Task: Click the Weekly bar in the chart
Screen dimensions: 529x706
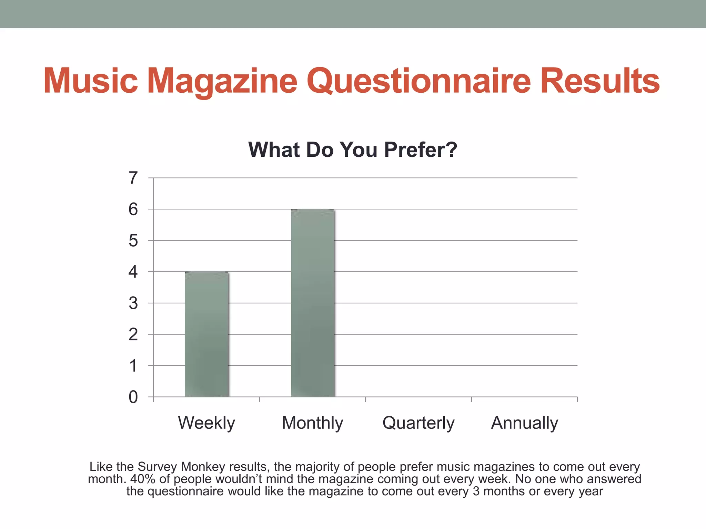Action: coord(207,334)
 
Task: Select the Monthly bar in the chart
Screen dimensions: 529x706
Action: coord(313,303)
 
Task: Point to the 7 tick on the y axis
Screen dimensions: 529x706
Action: coord(133,178)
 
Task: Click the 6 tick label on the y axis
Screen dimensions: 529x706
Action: coord(133,209)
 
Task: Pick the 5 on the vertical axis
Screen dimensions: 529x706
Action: coord(133,240)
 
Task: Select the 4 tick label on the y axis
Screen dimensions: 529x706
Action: coord(133,272)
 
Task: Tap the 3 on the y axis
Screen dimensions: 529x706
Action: coord(133,303)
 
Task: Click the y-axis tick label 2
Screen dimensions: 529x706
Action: coord(133,334)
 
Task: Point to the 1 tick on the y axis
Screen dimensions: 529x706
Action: coord(133,365)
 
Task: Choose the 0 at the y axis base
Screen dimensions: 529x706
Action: coord(133,397)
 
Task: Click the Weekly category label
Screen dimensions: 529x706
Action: coord(206,423)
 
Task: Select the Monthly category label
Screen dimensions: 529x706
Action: coord(312,423)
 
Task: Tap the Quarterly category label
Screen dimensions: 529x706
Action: coord(418,423)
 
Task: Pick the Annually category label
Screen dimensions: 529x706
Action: coord(524,423)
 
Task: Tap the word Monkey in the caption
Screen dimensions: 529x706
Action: coord(203,467)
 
